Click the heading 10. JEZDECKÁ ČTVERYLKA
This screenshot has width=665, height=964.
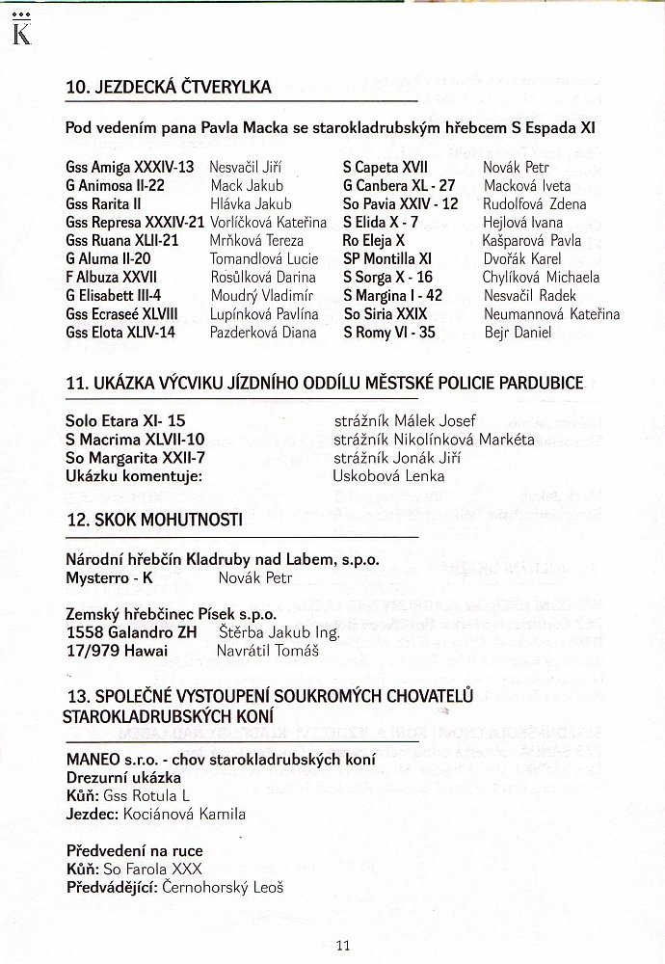(169, 88)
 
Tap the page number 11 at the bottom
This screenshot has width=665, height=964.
(343, 945)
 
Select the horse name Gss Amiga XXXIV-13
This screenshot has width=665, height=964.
(130, 167)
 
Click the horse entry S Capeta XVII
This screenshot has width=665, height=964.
(386, 167)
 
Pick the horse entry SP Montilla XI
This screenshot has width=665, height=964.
(387, 258)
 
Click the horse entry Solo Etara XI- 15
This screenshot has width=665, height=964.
(125, 421)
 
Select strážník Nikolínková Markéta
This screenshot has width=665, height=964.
(434, 440)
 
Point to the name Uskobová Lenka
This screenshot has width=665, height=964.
(388, 476)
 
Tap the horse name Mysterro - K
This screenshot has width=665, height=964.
(110, 578)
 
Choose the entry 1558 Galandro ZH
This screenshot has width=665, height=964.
(132, 632)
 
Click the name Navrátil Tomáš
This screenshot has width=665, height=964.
(261, 651)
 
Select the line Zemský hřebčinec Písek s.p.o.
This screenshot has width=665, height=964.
(172, 614)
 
